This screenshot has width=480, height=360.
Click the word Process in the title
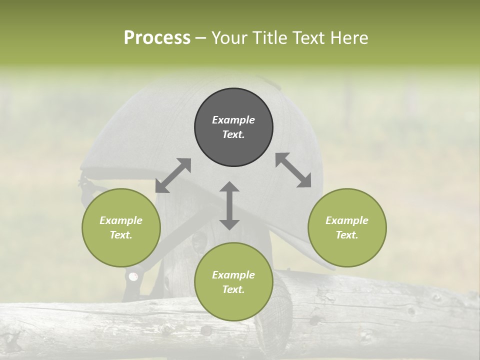pyautogui.click(x=157, y=38)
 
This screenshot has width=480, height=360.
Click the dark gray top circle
pyautogui.click(x=233, y=127)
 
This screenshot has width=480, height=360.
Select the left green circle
pyautogui.click(x=121, y=227)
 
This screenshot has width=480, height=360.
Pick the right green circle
pyautogui.click(x=347, y=227)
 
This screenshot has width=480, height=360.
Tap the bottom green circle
pyautogui.click(x=233, y=282)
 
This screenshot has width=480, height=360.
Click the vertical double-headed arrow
pyautogui.click(x=229, y=205)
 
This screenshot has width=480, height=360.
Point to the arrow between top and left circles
pyautogui.click(x=173, y=175)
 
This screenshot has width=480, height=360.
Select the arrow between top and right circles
pyautogui.click(x=293, y=170)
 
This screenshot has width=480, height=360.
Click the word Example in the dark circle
pyautogui.click(x=233, y=120)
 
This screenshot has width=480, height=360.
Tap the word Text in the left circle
pyautogui.click(x=121, y=235)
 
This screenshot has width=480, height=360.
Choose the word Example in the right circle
pyautogui.click(x=347, y=220)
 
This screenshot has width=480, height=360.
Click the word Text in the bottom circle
pyautogui.click(x=233, y=289)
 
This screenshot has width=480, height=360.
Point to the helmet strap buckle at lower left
pyautogui.click(x=133, y=276)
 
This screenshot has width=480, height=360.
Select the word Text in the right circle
pyautogui.click(x=347, y=235)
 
